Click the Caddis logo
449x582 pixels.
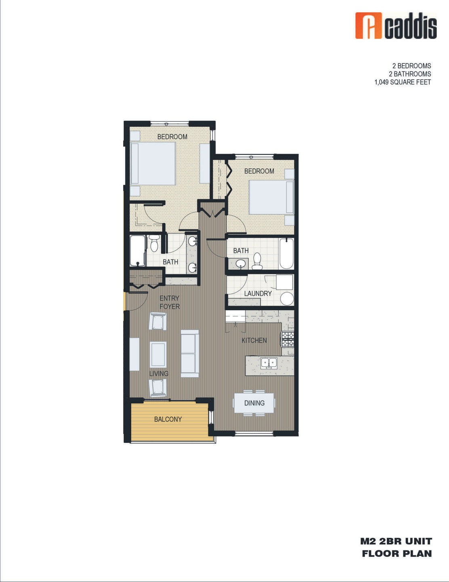(395, 26)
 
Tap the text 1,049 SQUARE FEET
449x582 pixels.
(402, 82)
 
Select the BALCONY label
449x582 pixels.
(168, 419)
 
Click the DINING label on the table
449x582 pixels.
(254, 403)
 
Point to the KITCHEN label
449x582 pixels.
(254, 340)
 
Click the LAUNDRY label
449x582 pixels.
(258, 293)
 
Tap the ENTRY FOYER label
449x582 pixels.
(169, 302)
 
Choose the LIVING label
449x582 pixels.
(159, 373)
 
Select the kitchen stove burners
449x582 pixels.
(288, 339)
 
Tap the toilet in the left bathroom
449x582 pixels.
(153, 243)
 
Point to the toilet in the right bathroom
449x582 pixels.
(257, 261)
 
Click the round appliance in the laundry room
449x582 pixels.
(287, 299)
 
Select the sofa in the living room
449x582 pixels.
(190, 353)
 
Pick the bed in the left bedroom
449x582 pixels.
(153, 163)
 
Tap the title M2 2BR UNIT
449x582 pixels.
(396, 541)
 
